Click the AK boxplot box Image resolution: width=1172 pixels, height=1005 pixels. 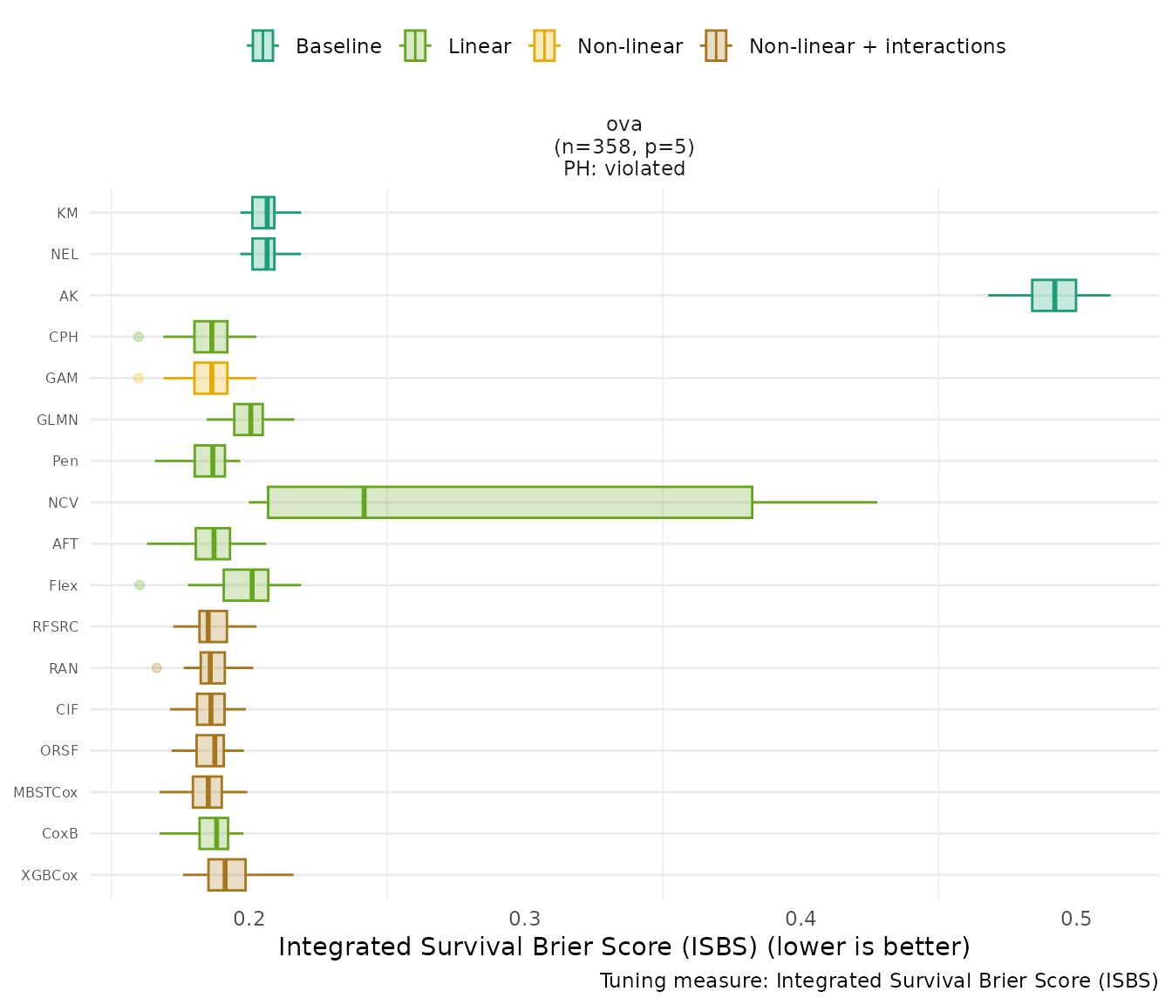tap(1053, 295)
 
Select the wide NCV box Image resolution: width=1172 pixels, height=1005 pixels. tap(509, 502)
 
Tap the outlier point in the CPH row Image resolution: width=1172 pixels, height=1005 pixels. tap(138, 337)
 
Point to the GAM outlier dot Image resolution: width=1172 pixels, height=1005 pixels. tap(138, 378)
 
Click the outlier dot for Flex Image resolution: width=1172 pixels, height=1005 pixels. tap(140, 585)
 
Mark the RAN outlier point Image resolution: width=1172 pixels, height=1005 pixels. tap(157, 667)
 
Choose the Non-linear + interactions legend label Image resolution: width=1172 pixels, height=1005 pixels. tap(876, 46)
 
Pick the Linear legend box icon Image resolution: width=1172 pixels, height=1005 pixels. tap(414, 45)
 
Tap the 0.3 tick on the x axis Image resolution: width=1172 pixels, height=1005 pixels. tap(525, 919)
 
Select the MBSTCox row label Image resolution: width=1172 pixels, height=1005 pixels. tap(45, 792)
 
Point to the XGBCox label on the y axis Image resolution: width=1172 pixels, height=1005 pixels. tap(50, 875)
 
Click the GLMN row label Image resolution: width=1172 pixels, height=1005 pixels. tap(58, 420)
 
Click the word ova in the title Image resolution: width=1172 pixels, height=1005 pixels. tap(624, 124)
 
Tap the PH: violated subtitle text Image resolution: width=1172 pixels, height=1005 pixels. tap(624, 168)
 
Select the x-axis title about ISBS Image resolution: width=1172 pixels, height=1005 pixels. tap(624, 947)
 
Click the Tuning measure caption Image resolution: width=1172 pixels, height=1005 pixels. tap(879, 981)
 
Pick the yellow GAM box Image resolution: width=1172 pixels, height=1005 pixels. tap(210, 378)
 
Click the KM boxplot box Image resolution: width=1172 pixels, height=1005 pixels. tap(263, 212)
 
